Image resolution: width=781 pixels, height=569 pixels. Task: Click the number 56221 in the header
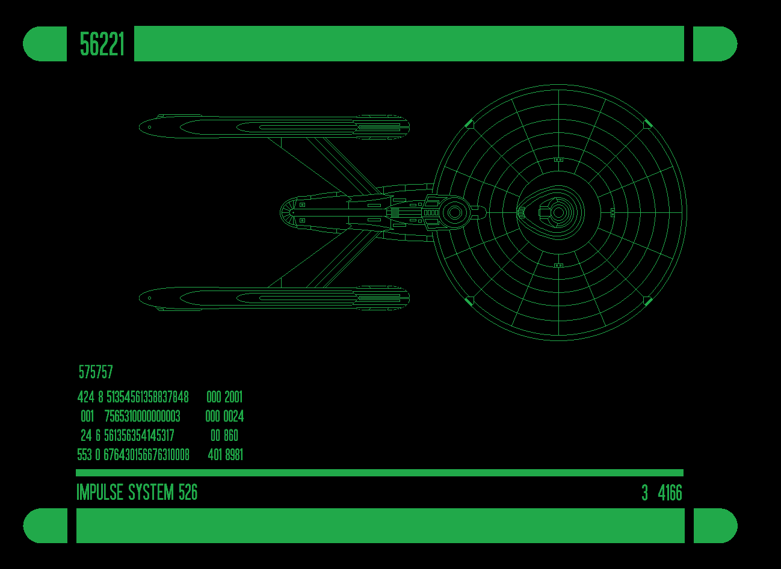[x=102, y=45]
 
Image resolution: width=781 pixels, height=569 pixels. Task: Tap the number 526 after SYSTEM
[x=188, y=493]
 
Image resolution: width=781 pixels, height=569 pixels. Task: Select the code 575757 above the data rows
[x=96, y=372]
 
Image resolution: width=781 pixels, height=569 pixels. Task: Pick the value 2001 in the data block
[x=233, y=397]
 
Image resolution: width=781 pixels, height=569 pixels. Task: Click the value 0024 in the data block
[x=233, y=416]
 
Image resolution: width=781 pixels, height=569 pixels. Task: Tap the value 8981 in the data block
[x=233, y=455]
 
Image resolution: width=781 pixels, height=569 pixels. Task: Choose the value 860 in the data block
[x=231, y=435]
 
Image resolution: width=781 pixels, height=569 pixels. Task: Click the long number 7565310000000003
[x=143, y=416]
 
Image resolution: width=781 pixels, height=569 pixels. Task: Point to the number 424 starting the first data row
[x=86, y=397]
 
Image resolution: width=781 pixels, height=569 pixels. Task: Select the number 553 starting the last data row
[x=85, y=455]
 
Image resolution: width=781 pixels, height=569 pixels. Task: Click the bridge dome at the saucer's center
[x=558, y=212]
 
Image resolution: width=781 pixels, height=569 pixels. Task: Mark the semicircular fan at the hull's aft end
[x=288, y=212]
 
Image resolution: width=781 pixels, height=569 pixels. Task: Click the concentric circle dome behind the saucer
[x=455, y=212]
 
